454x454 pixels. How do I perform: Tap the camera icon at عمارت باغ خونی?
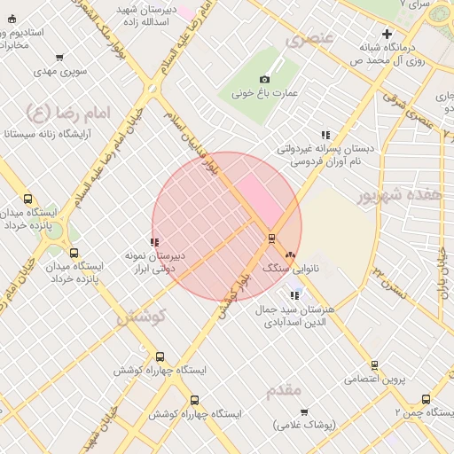pos(264,79)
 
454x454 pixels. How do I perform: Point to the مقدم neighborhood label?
pos(284,388)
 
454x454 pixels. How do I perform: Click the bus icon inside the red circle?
pos(271,237)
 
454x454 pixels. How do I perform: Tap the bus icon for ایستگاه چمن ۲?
pos(426,399)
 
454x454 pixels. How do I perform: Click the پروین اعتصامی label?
pos(381,379)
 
